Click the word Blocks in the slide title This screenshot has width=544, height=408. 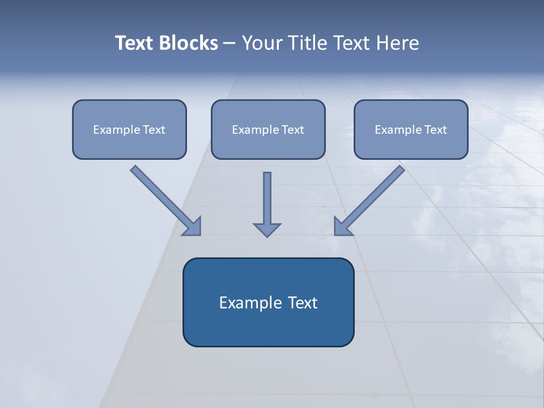(189, 43)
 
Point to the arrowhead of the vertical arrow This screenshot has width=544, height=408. (267, 229)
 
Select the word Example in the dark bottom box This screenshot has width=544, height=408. (247, 303)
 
